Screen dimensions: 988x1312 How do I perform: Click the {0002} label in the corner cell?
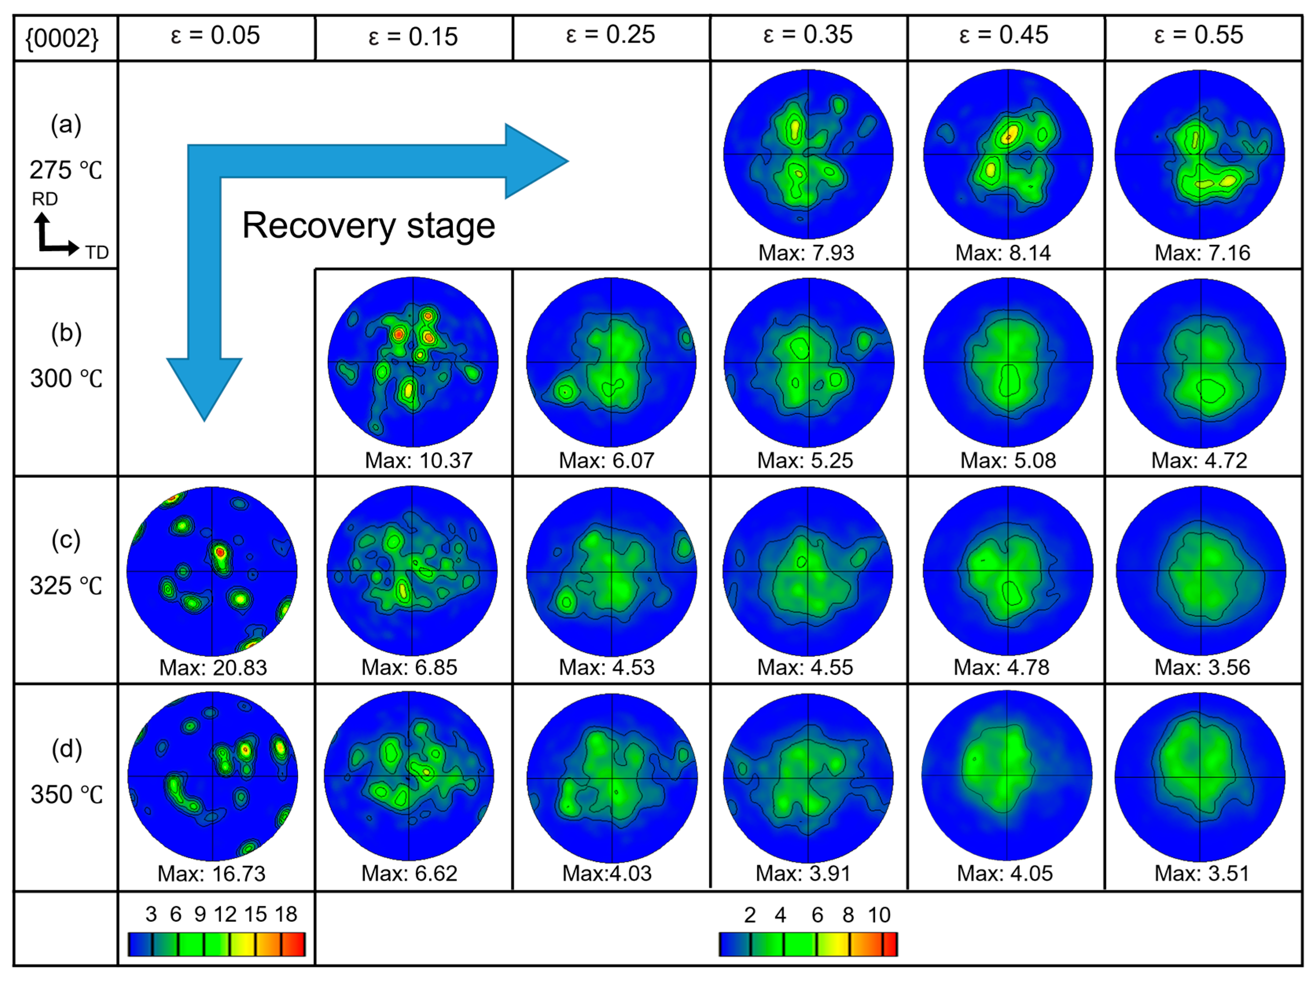click(62, 39)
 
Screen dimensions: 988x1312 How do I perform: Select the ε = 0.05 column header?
click(215, 36)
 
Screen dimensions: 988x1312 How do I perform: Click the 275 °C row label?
click(66, 170)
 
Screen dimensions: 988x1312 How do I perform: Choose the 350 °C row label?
click(66, 795)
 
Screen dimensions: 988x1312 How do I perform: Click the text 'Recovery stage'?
click(368, 226)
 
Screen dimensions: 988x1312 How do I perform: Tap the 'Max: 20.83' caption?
click(213, 668)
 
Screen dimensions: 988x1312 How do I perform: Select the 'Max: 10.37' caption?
click(418, 461)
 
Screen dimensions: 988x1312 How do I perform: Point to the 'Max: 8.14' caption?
click(1002, 253)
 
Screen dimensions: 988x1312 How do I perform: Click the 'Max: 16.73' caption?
click(211, 874)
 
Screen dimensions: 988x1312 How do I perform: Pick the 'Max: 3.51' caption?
click(1202, 874)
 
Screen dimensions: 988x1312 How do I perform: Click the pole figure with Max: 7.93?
click(808, 154)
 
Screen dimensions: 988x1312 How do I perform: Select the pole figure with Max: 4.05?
click(1007, 776)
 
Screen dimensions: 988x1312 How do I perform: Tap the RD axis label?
click(44, 199)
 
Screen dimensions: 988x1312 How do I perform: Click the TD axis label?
click(97, 253)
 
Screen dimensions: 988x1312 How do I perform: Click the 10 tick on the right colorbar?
click(879, 915)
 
